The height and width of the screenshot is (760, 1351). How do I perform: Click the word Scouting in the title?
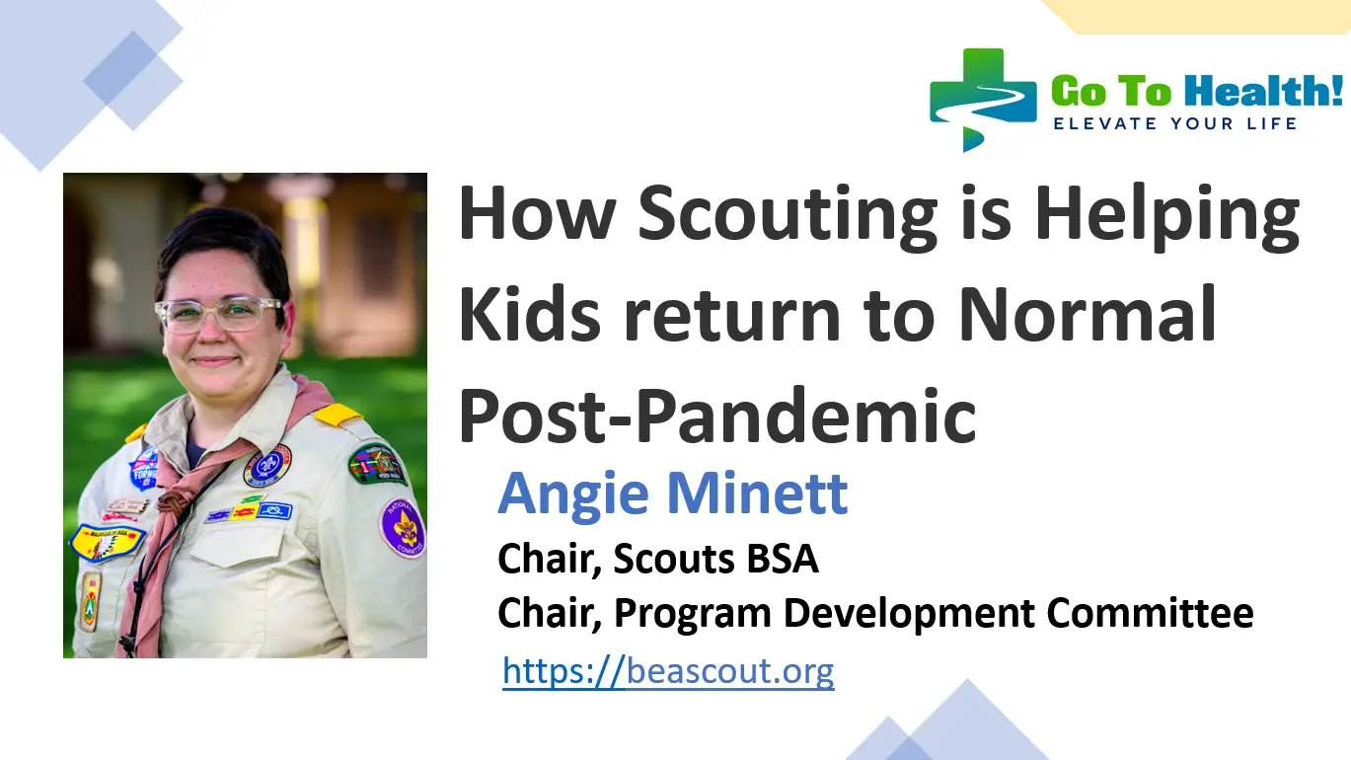[x=788, y=216]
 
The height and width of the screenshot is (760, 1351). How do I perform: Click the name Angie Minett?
[x=673, y=493]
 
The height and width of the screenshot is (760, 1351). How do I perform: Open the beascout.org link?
[x=668, y=672]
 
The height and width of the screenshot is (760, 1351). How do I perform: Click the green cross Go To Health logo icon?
[x=982, y=100]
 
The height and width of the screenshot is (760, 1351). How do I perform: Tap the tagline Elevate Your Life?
[x=1174, y=123]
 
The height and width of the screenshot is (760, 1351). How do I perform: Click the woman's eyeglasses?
[x=218, y=313]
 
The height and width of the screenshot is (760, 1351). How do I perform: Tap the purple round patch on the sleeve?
[x=403, y=528]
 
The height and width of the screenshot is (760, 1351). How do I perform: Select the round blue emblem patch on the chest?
[x=267, y=465]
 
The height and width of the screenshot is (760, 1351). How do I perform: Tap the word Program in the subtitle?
[x=694, y=613]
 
